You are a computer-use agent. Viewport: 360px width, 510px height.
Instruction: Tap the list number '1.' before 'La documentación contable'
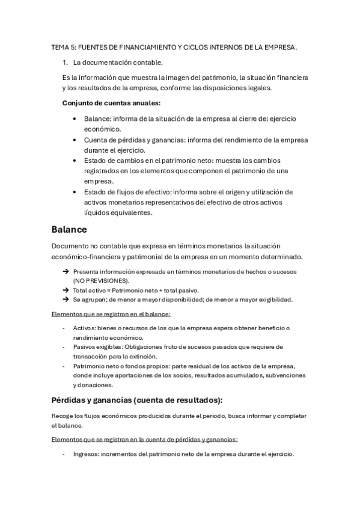pos(66,62)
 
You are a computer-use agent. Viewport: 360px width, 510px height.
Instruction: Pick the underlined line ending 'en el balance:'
pos(111,314)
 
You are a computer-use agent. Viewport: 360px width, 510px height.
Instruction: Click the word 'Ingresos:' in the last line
pos(87,455)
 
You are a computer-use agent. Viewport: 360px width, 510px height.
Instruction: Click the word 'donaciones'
pos(96,385)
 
